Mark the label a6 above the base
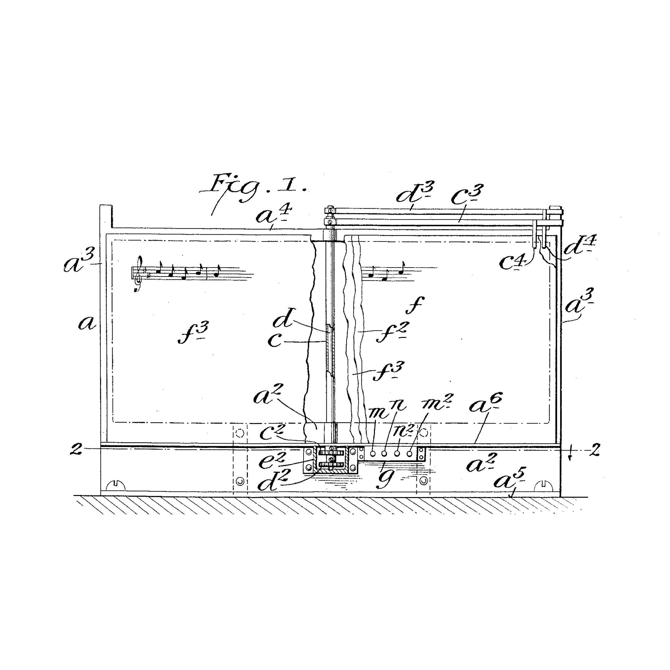pyautogui.click(x=486, y=403)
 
